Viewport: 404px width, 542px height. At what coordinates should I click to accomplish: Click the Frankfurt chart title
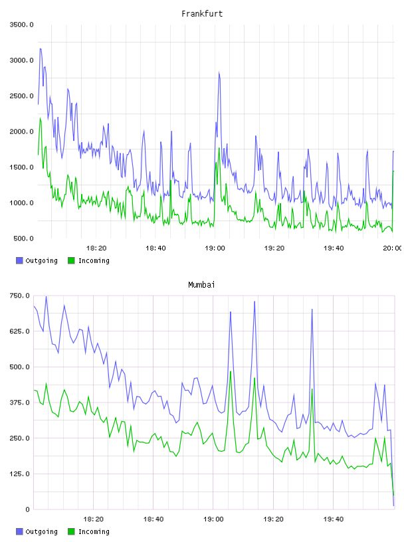tap(202, 14)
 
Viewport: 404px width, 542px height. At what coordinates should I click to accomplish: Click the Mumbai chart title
tap(201, 285)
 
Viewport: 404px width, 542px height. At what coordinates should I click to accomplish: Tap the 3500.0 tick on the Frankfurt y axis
tap(21, 25)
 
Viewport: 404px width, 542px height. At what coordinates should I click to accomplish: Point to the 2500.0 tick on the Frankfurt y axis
tap(21, 96)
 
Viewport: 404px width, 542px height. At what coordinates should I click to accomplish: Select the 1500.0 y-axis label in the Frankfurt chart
tap(21, 167)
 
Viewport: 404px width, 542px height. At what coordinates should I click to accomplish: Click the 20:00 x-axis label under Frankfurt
tap(392, 248)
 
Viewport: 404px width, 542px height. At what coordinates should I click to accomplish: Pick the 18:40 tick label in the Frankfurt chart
tap(155, 248)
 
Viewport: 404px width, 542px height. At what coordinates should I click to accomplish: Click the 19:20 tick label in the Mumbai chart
tap(273, 519)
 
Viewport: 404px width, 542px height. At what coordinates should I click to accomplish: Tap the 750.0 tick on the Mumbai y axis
tap(19, 296)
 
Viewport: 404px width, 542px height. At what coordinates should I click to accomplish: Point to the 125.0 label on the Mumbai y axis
tap(19, 474)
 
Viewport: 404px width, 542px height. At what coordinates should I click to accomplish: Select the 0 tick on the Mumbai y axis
tap(27, 509)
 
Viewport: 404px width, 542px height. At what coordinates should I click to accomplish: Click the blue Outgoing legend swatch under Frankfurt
tap(19, 260)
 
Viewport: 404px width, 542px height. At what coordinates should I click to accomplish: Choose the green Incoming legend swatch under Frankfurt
tap(71, 260)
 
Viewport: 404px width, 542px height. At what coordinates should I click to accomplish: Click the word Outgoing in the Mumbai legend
tap(41, 531)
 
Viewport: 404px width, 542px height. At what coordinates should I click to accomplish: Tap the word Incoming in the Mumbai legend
tap(94, 531)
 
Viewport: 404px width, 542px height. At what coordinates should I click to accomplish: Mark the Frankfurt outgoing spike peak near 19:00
tap(219, 72)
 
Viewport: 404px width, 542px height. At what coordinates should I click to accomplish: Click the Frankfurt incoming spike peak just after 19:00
tap(219, 148)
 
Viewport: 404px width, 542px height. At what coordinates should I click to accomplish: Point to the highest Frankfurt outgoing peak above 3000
tap(41, 48)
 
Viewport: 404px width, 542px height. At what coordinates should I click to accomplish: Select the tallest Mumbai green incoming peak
tap(231, 371)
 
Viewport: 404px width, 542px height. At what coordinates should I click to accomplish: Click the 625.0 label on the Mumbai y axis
tap(19, 331)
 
